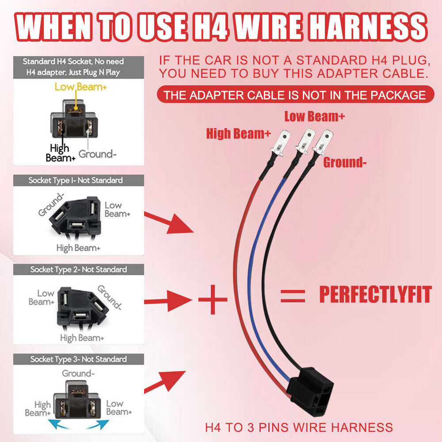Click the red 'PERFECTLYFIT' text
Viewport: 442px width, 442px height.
(x=375, y=294)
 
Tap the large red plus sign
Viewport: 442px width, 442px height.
(x=213, y=299)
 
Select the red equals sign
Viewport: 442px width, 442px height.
(x=293, y=296)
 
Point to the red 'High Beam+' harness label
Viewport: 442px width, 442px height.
(x=239, y=133)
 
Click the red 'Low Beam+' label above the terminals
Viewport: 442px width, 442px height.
(x=315, y=116)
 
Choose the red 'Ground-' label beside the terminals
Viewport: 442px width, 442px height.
(x=344, y=162)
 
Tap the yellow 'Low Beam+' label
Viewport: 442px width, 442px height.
(x=80, y=87)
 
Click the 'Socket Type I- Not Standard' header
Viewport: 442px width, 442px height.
(x=76, y=180)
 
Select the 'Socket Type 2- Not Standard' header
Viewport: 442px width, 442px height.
(x=79, y=270)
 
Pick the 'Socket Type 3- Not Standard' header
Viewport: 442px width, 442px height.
(x=79, y=359)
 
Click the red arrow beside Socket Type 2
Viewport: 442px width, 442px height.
(x=168, y=301)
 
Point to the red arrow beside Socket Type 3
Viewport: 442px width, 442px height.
(x=165, y=381)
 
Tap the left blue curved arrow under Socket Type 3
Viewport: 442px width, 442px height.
(x=58, y=424)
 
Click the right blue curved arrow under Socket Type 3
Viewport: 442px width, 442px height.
(x=99, y=424)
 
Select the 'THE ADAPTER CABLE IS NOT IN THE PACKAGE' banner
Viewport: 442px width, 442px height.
(x=295, y=95)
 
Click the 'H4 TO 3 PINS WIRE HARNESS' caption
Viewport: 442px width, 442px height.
(x=299, y=427)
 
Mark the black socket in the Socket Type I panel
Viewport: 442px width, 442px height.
(x=76, y=215)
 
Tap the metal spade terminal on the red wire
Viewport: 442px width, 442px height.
(x=281, y=142)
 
